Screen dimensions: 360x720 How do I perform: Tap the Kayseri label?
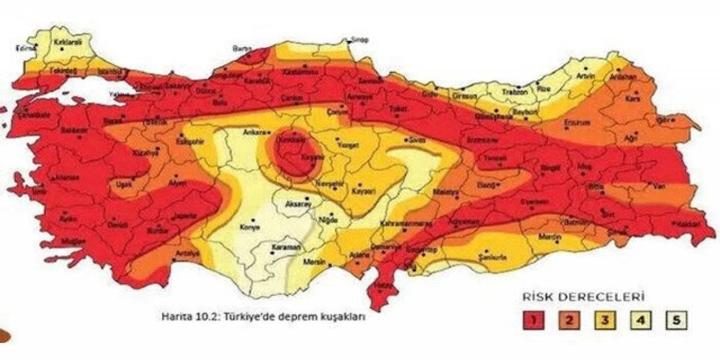pyautogui.click(x=363, y=191)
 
